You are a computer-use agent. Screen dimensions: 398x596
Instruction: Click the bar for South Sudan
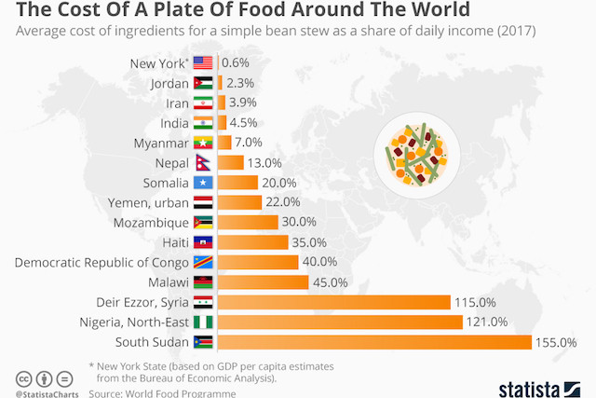click(x=373, y=342)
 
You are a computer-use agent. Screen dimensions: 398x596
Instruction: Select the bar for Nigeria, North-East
click(x=340, y=323)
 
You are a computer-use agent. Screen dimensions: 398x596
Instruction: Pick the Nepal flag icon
click(x=203, y=162)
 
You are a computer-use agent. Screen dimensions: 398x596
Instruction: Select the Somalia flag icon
click(x=203, y=182)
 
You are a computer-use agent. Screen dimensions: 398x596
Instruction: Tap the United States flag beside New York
click(x=203, y=63)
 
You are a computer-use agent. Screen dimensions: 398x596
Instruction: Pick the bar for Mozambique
click(x=248, y=222)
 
